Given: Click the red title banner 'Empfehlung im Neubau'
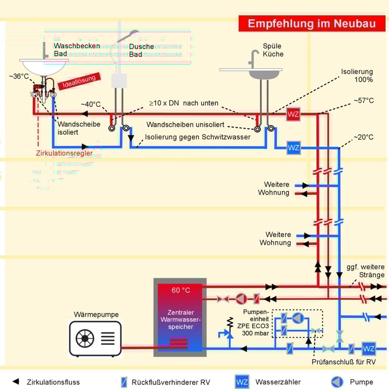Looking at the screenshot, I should click(310, 23).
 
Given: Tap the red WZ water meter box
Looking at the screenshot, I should click(293, 114).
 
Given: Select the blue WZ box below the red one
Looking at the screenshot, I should click(293, 148).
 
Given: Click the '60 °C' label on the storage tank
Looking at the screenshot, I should click(180, 290).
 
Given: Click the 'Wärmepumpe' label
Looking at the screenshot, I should click(96, 315).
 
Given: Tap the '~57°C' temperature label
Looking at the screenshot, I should click(363, 101).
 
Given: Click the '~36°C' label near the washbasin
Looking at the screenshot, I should click(19, 76).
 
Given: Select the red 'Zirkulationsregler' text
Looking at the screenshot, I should click(64, 153).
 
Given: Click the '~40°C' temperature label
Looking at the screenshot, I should click(91, 104).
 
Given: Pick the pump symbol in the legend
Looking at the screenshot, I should click(337, 382).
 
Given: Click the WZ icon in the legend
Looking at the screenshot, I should click(242, 382).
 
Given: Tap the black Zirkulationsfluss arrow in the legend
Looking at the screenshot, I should click(16, 381).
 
